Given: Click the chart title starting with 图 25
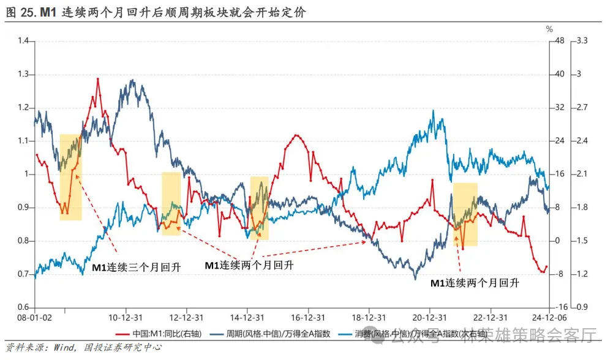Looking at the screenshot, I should [156, 12].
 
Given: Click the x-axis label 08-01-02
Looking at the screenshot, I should [34, 318].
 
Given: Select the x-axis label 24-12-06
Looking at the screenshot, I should [549, 318].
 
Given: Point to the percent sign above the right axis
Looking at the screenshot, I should [549, 29].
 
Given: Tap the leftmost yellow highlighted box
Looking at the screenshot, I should [70, 177].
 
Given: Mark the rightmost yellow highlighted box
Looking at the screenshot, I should [465, 214].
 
